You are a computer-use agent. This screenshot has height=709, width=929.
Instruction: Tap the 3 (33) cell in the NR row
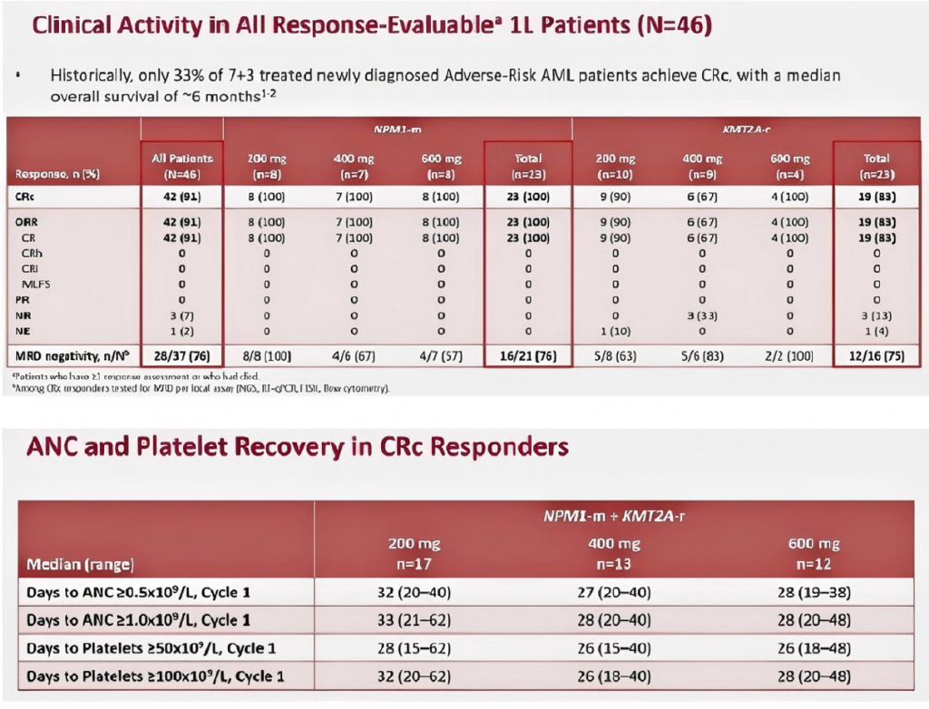coord(702,314)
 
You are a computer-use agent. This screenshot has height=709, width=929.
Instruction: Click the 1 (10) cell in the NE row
coord(615,331)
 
